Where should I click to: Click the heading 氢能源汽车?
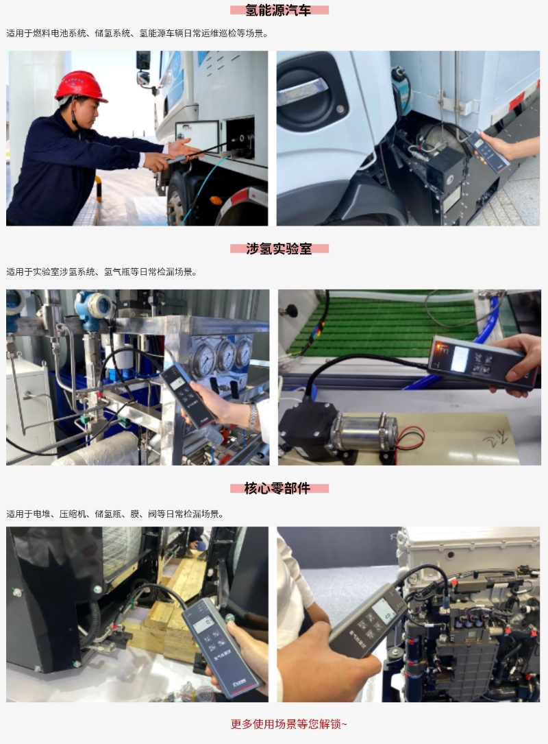click(x=278, y=10)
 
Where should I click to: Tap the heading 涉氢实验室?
click(x=279, y=249)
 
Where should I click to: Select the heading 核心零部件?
click(x=277, y=488)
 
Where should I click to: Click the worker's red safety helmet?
click(x=81, y=86)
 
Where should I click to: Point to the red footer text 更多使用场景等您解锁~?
click(x=288, y=724)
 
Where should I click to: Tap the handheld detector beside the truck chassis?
click(x=486, y=149)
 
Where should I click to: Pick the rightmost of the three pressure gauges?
click(x=243, y=350)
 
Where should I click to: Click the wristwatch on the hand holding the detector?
click(x=254, y=416)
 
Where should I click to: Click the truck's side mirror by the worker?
click(x=143, y=69)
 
